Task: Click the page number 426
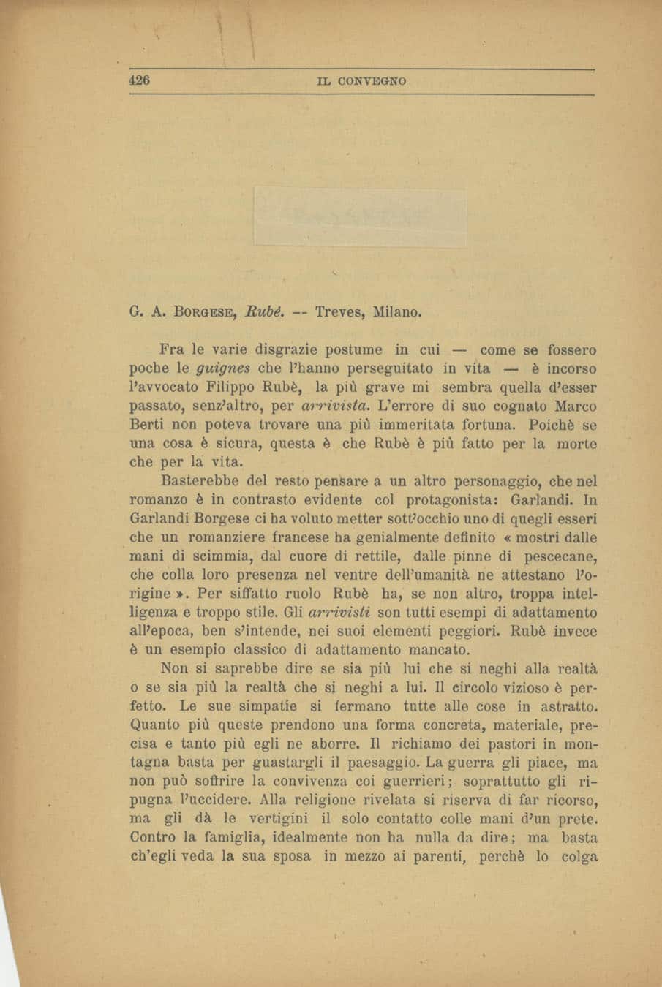pos(139,80)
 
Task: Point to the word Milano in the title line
pos(397,312)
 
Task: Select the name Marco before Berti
pos(576,405)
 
